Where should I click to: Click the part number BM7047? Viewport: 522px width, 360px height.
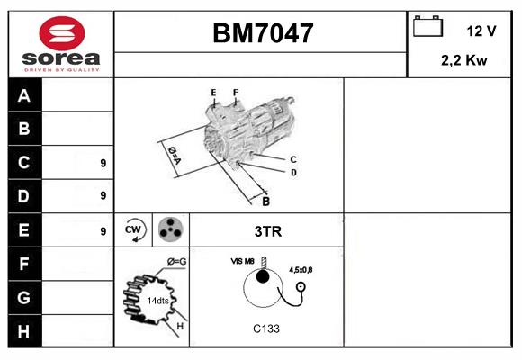pyautogui.click(x=263, y=34)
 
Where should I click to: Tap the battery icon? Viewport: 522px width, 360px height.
pyautogui.click(x=426, y=27)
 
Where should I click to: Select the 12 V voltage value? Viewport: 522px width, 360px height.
pyautogui.click(x=481, y=31)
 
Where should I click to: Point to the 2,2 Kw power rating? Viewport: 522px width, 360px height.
pyautogui.click(x=463, y=62)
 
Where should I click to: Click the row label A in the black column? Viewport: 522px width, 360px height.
pyautogui.click(x=24, y=95)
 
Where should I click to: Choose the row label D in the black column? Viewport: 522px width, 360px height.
pyautogui.click(x=24, y=195)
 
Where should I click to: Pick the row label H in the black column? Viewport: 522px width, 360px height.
pyautogui.click(x=24, y=330)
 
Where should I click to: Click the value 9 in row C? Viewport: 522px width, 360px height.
pyautogui.click(x=103, y=164)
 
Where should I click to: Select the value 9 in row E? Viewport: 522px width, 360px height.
pyautogui.click(x=103, y=231)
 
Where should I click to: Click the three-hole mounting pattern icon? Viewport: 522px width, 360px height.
pyautogui.click(x=170, y=229)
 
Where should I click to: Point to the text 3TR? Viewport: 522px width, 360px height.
pyautogui.click(x=268, y=231)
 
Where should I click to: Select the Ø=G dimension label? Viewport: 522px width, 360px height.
pyautogui.click(x=175, y=262)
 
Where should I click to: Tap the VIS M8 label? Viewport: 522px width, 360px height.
pyautogui.click(x=242, y=261)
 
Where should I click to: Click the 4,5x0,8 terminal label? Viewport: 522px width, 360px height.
pyautogui.click(x=301, y=269)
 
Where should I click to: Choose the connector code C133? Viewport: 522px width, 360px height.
pyautogui.click(x=265, y=328)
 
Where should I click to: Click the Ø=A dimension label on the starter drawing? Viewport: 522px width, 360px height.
pyautogui.click(x=174, y=155)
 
